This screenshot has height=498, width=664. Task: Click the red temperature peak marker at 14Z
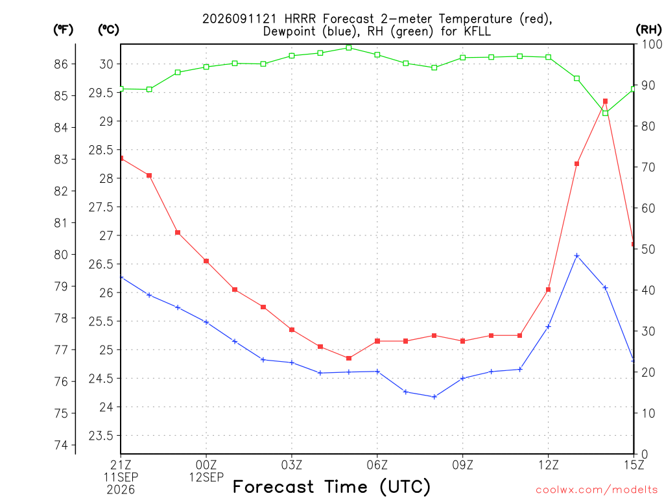pos(605,101)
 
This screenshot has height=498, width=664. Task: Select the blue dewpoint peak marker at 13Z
pos(576,255)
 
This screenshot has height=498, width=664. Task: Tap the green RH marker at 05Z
pos(348,48)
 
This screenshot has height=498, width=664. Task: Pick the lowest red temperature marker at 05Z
pos(348,358)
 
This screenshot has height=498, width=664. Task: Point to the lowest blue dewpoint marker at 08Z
pos(434,397)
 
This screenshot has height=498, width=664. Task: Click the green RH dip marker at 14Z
pos(605,113)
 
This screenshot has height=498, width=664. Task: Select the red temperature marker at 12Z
pos(548,290)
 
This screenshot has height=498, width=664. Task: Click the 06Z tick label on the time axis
pos(377,465)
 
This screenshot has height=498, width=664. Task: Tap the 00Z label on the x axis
pos(206,465)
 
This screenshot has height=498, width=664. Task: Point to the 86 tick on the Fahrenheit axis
pos(61,64)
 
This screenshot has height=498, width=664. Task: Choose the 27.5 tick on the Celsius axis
pos(101,207)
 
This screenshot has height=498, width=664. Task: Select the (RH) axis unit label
pos(648,29)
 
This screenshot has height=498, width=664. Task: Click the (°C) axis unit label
pos(108,29)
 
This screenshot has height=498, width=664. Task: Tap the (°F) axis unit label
pos(63,29)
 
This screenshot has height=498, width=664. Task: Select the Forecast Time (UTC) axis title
pos(331,486)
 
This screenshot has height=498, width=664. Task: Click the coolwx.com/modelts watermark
pos(597,490)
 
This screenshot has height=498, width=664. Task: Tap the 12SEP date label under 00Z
pos(206,477)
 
